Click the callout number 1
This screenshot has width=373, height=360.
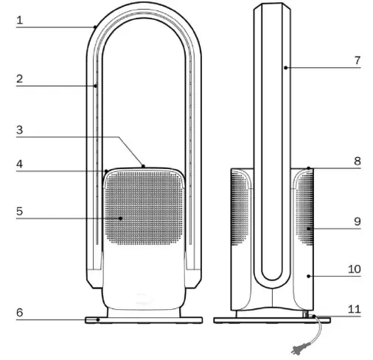pyautogui.click(x=20, y=21)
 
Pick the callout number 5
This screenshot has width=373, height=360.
pyautogui.click(x=20, y=211)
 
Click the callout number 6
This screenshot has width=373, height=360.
pyautogui.click(x=20, y=313)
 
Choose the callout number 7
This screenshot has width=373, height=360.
pyautogui.click(x=357, y=60)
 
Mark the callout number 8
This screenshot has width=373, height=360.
pyautogui.click(x=357, y=161)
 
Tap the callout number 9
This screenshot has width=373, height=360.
pyautogui.click(x=357, y=221)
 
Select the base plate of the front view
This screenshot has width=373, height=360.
pyautogui.click(x=144, y=320)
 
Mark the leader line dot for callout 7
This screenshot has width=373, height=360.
pyautogui.click(x=284, y=67)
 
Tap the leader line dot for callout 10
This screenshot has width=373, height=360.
pyautogui.click(x=307, y=276)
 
